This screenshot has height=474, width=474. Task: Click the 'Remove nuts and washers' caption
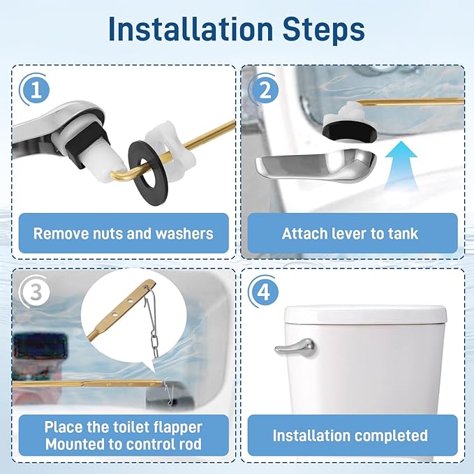123,233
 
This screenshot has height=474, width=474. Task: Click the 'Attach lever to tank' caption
350,233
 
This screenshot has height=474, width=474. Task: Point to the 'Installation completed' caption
350,436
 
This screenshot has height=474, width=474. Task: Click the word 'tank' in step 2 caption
402,233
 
